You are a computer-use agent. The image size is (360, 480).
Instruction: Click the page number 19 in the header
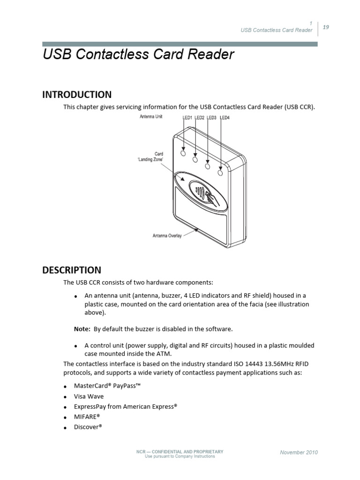[x=326, y=27]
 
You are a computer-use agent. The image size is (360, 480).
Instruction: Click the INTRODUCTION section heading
[x=77, y=94]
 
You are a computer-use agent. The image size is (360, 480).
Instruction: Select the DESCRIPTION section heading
[x=72, y=270]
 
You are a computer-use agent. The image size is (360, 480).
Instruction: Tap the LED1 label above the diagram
[x=187, y=118]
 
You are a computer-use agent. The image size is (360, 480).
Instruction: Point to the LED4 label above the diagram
[x=225, y=118]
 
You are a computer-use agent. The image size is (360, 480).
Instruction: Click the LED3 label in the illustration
[x=212, y=118]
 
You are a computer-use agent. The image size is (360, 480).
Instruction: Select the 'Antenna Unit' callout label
[x=151, y=117]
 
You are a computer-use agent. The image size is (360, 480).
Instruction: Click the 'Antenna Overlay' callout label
[x=167, y=235]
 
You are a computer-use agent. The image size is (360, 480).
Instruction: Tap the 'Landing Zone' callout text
[x=149, y=160]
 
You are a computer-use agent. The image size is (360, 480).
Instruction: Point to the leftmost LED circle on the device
[x=183, y=153]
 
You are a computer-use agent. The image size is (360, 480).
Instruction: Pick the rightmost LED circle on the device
[x=220, y=173]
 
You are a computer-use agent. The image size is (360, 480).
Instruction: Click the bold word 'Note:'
[x=82, y=329]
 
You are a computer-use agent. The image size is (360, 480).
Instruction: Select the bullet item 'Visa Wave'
[x=89, y=396]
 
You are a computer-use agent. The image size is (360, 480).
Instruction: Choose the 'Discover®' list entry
[x=88, y=427]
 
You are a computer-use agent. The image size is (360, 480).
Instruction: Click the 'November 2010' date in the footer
[x=299, y=452]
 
